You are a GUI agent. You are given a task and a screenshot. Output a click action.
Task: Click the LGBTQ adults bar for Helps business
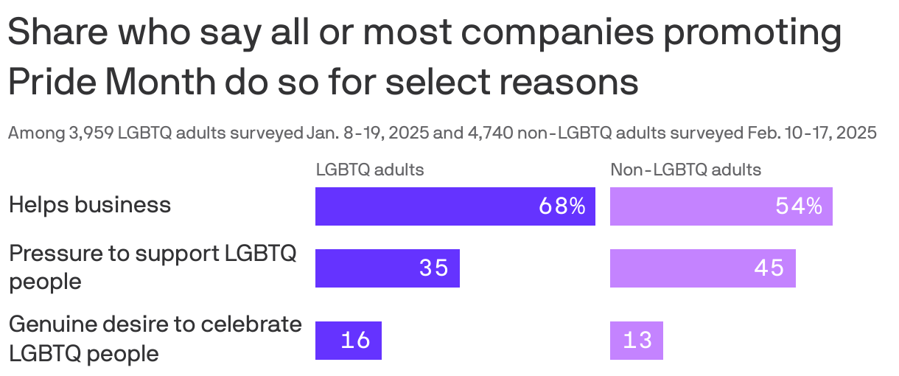coord(455,206)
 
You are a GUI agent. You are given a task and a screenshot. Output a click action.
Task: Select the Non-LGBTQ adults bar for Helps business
coord(721,206)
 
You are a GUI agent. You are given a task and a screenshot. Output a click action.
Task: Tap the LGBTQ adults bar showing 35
coord(387,268)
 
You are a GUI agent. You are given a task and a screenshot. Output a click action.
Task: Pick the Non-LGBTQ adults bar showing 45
coord(702,268)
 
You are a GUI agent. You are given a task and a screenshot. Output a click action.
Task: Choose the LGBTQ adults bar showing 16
coord(348,341)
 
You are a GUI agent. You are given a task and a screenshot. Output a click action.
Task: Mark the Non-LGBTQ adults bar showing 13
coord(636,341)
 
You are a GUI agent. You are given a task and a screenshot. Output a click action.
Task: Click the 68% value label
coord(562,206)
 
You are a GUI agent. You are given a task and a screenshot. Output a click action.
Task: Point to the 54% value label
coord(799,206)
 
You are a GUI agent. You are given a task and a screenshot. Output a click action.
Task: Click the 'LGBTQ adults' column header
coord(370,170)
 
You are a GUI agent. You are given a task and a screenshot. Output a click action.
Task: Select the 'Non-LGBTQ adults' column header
coord(685,170)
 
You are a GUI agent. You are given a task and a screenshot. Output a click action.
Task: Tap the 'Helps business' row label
coord(90,204)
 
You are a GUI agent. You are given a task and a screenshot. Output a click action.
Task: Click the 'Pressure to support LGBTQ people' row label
coord(153,268)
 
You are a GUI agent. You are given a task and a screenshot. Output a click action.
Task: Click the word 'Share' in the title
coord(60,34)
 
